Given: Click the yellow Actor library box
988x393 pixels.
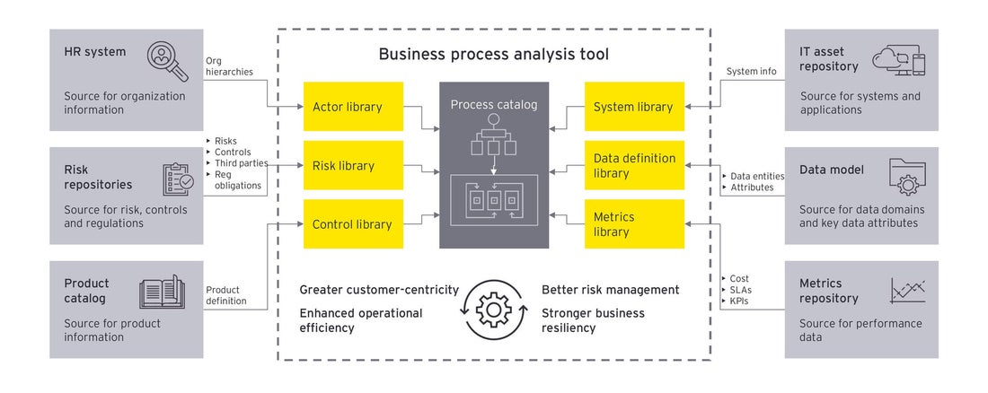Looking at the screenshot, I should [x=353, y=107].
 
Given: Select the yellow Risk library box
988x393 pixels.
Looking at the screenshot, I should [x=353, y=166].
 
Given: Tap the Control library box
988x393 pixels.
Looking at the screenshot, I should [x=353, y=224].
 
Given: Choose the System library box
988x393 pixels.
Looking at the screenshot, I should [x=634, y=107].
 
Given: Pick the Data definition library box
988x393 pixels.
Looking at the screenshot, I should [x=634, y=166].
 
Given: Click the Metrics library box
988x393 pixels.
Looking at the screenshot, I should [x=634, y=224].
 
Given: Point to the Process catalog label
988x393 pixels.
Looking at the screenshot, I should [x=493, y=105].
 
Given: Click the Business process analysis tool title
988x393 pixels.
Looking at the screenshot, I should [x=493, y=55].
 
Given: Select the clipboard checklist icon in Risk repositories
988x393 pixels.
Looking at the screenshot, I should [x=177, y=179].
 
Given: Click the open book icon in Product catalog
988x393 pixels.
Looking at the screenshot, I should [x=162, y=293].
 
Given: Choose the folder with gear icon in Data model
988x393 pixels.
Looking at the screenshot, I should [x=906, y=176].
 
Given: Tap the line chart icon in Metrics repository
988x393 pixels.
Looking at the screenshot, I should [x=907, y=291].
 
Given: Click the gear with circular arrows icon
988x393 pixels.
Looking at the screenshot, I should [x=492, y=310].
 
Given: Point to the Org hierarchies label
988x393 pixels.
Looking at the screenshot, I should [x=229, y=66].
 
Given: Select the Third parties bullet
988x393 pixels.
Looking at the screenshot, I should [x=238, y=163].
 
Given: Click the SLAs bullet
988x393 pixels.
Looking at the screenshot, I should [x=740, y=291].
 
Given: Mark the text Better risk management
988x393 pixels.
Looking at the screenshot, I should [x=610, y=290].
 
